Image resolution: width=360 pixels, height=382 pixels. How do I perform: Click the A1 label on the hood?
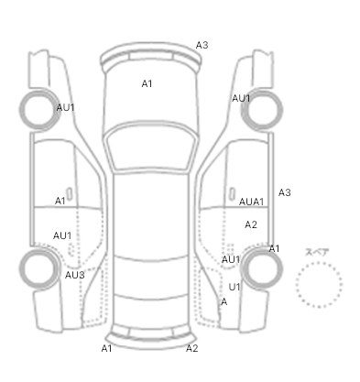tap(147, 83)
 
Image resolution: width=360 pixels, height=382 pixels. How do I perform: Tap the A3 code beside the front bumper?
tap(202, 45)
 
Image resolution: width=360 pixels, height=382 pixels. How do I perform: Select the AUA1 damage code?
tap(251, 202)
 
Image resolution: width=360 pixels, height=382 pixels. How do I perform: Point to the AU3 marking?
tap(75, 275)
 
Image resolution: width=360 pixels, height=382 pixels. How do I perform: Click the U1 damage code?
tap(235, 287)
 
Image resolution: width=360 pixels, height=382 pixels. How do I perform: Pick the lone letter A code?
tap(224, 302)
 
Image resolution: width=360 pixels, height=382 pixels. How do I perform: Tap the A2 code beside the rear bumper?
tap(192, 348)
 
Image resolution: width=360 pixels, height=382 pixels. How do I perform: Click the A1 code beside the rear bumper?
tap(106, 348)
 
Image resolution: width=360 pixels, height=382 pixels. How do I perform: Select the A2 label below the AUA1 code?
tap(251, 224)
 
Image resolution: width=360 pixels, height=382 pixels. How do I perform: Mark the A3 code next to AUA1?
tap(285, 192)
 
